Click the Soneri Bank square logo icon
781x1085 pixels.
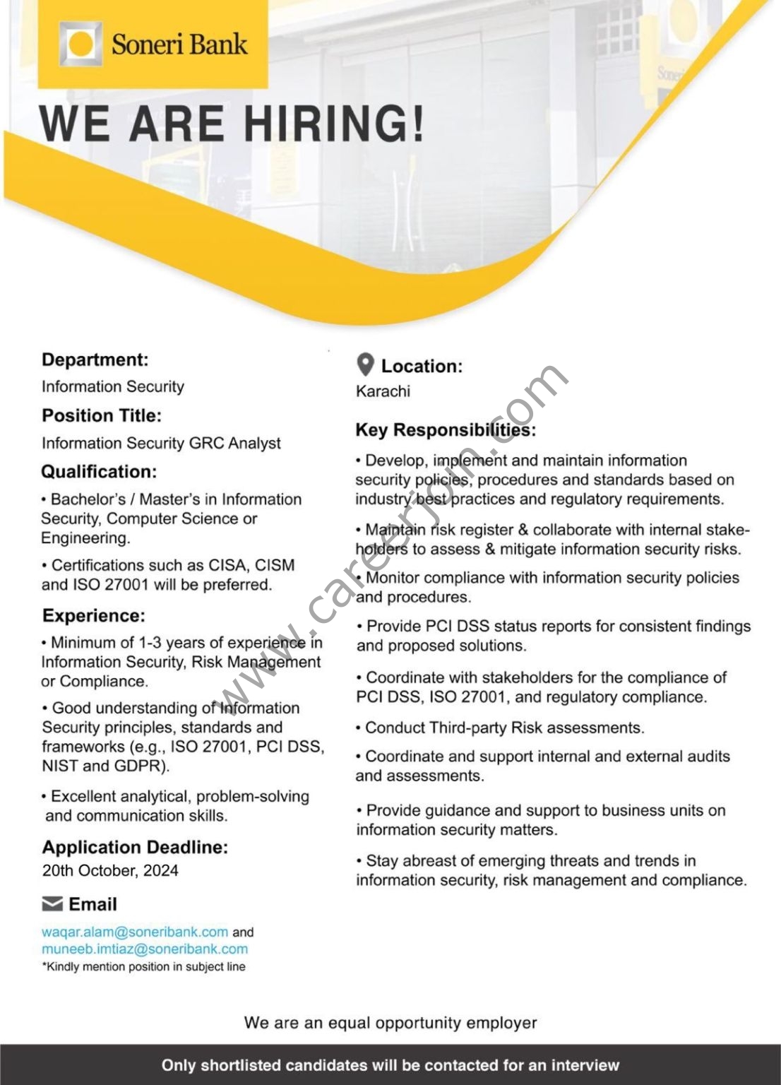80,44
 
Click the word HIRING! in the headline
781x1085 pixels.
334,124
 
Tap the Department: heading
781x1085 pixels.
95,360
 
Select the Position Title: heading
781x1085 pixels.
101,415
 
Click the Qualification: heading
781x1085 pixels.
99,472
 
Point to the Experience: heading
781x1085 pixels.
93,615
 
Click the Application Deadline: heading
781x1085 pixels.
135,847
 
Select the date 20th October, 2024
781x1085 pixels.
110,870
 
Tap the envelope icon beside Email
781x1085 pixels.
52,903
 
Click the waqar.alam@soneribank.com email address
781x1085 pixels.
135,932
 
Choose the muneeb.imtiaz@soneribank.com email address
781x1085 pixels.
145,949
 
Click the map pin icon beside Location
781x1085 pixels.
365,365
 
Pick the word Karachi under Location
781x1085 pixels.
383,391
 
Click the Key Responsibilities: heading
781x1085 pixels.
445,429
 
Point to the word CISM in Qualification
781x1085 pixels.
275,565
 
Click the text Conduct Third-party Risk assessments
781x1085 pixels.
504,728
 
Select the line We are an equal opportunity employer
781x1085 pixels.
391,1022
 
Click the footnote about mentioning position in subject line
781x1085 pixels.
144,966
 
